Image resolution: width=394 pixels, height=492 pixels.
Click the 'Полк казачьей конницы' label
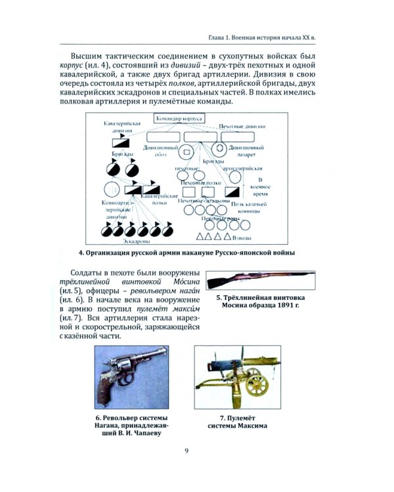247,208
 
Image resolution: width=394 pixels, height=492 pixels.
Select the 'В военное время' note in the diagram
261,187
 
